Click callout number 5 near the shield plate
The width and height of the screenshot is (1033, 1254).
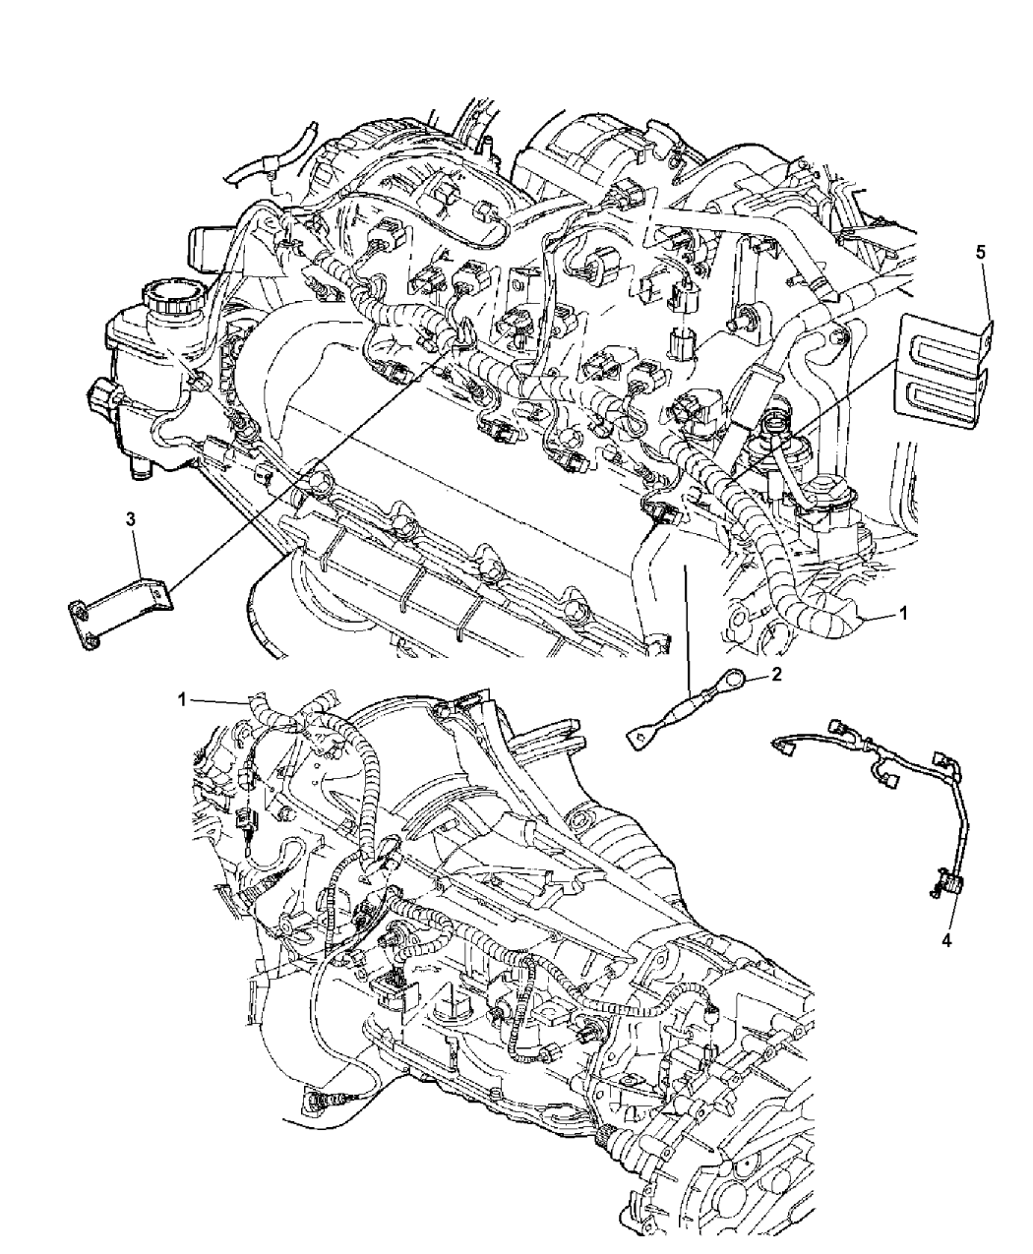(x=980, y=252)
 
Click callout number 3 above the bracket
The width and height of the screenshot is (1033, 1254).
(x=132, y=519)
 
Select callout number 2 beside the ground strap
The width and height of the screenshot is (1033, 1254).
(x=776, y=675)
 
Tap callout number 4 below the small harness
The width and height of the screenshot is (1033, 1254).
(x=946, y=959)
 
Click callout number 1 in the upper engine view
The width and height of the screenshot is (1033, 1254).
(x=902, y=613)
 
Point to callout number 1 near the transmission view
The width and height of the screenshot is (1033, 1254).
(x=182, y=698)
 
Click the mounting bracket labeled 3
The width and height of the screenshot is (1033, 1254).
(x=120, y=613)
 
